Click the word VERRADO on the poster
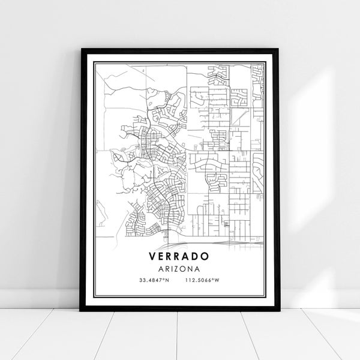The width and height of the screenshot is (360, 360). (179, 256)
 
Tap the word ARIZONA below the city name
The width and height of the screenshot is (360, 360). (179, 268)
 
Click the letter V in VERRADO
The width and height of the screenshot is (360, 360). (150, 256)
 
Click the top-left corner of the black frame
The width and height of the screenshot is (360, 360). (81, 50)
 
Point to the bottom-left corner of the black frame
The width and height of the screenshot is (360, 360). (81, 308)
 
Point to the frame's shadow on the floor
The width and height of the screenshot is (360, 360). (180, 311)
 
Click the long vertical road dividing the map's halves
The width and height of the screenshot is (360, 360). (186, 150)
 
